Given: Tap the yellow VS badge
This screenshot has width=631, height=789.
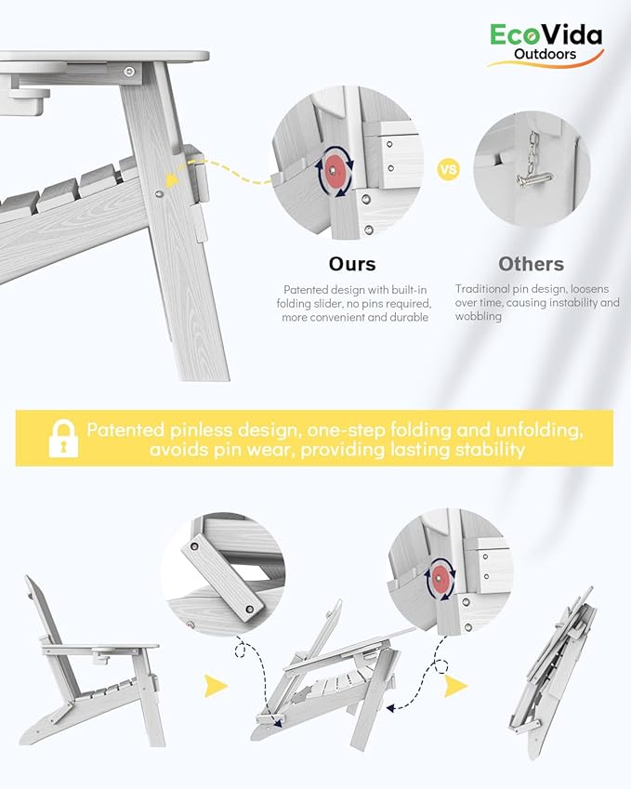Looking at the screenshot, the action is click(448, 169).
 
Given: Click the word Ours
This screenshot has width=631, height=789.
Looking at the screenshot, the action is click(352, 264).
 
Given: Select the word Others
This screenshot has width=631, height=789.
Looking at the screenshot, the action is click(531, 264).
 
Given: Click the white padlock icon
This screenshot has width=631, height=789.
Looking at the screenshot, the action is click(63, 439).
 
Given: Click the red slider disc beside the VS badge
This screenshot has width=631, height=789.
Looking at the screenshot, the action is click(333, 170).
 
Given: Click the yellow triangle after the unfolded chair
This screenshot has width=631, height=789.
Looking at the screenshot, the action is click(216, 686).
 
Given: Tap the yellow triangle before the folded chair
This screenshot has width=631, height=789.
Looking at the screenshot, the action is click(455, 686).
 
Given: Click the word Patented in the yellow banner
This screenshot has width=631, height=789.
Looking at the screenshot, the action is click(125, 430).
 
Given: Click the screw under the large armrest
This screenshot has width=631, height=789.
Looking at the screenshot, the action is click(130, 72).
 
